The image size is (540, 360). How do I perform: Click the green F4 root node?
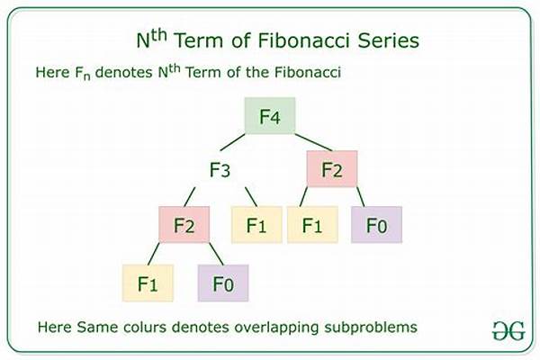pyautogui.click(x=271, y=116)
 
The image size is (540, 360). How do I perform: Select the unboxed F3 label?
pyautogui.click(x=221, y=168)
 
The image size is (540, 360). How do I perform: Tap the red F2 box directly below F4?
pyautogui.click(x=332, y=168)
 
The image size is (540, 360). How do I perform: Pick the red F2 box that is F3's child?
pyautogui.click(x=184, y=225)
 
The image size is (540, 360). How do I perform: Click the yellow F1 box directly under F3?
pyautogui.click(x=256, y=225)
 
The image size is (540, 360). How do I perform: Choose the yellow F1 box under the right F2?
pyautogui.click(x=312, y=225)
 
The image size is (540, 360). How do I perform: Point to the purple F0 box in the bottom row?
pyautogui.click(x=223, y=283)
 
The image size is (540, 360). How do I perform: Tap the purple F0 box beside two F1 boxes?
pyautogui.click(x=376, y=225)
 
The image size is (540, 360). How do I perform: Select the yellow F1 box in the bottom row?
pyautogui.click(x=148, y=283)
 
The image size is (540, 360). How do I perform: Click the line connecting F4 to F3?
pyautogui.click(x=237, y=144)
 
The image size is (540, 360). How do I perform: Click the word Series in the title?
pyautogui.click(x=382, y=40)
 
